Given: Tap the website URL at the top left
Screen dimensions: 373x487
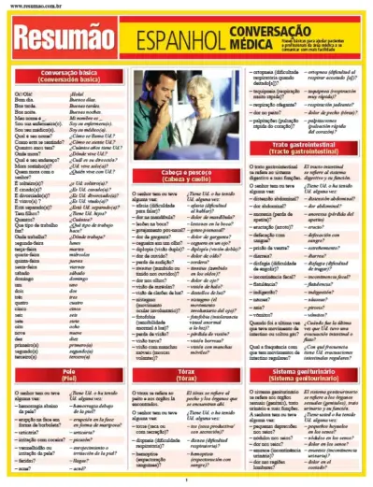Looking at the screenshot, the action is [x=36, y=7].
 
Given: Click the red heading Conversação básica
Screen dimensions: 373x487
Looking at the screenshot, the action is [x=60, y=76].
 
